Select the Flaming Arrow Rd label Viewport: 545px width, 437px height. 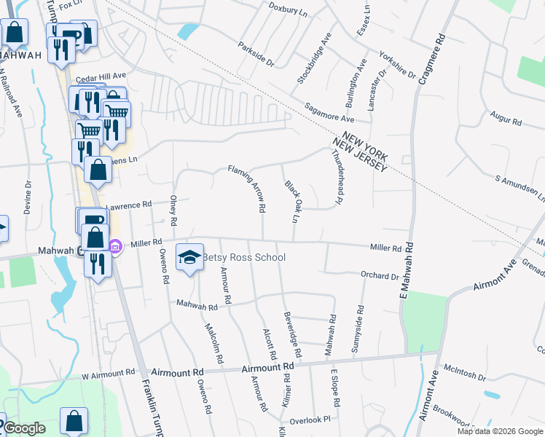pyautogui.click(x=246, y=189)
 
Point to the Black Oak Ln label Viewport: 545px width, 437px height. pyautogui.click(x=293, y=201)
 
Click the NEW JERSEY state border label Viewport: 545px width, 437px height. pyautogui.click(x=358, y=157)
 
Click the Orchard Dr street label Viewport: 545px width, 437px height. pyautogui.click(x=380, y=276)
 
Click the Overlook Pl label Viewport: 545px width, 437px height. pyautogui.click(x=310, y=420)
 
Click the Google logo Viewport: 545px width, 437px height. pyautogui.click(x=24, y=428)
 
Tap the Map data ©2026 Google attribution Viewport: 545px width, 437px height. pyautogui.click(x=499, y=431)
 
